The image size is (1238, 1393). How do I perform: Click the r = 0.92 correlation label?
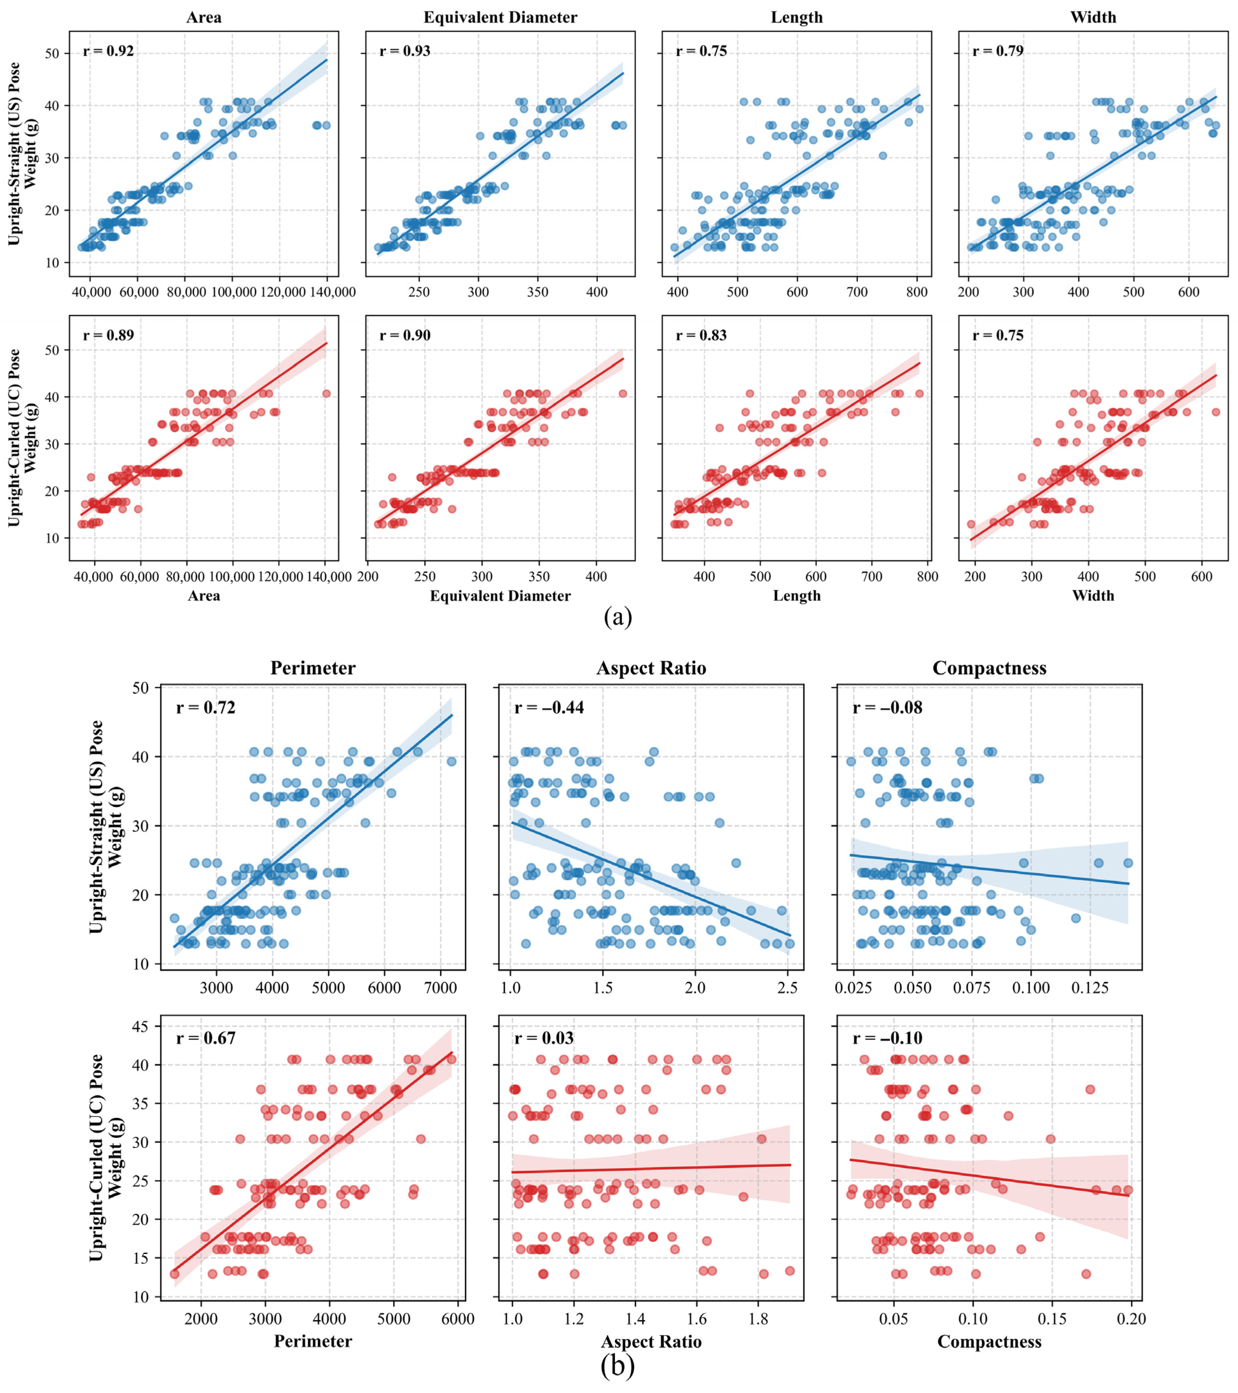[x=108, y=51]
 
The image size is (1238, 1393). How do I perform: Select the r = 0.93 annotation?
[x=405, y=51]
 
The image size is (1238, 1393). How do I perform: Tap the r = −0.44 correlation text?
[x=550, y=707]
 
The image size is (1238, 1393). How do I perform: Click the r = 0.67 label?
[x=206, y=1038]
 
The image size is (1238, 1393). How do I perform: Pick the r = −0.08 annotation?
[x=888, y=707]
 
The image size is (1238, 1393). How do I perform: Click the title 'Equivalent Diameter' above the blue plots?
[x=500, y=17]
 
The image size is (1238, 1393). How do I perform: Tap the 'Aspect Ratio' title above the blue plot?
[x=651, y=668]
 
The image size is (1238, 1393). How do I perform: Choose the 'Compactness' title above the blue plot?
[x=989, y=668]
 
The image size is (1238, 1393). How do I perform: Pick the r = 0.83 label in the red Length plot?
[x=702, y=335]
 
